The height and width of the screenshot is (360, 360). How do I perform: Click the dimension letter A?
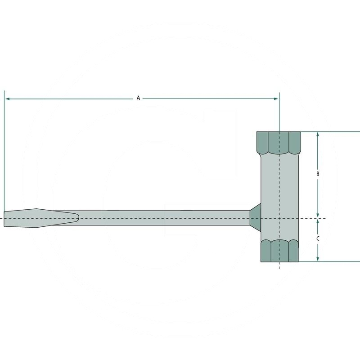[x=139, y=98]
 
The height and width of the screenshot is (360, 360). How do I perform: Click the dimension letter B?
[x=318, y=174]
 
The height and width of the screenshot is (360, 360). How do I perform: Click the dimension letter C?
[x=318, y=238]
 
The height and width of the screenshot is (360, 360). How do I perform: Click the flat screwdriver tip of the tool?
[x=18, y=219]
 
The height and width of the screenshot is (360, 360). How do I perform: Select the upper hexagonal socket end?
[x=279, y=142]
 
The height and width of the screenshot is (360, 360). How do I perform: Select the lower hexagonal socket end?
[x=279, y=251]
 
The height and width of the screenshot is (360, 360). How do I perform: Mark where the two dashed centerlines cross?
[x=279, y=219]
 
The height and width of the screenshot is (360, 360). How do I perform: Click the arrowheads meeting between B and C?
[x=318, y=219]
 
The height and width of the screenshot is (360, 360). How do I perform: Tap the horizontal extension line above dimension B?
[x=333, y=131]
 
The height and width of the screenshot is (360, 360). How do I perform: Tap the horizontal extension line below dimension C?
[x=333, y=261]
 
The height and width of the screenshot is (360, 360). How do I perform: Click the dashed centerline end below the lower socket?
[x=279, y=267]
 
